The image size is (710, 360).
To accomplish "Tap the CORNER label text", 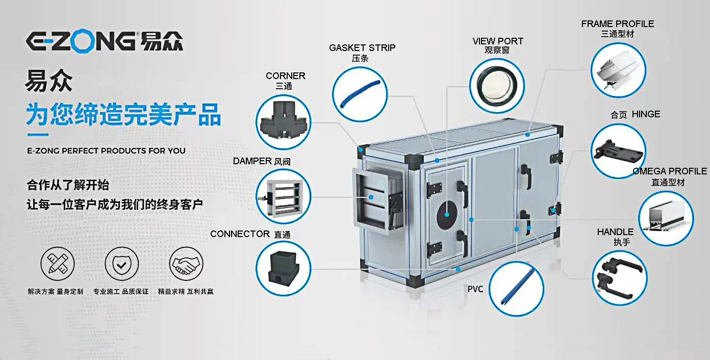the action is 285,76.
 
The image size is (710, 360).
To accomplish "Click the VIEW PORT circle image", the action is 497,85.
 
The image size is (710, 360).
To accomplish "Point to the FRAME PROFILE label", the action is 617,24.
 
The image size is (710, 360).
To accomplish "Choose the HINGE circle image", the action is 618,151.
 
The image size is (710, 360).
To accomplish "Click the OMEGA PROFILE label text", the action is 669,171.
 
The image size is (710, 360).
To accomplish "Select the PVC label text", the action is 475,289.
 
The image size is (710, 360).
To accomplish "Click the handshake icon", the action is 186,265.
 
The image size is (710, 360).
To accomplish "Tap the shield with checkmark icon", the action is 121,265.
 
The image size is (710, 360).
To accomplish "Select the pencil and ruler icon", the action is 57,265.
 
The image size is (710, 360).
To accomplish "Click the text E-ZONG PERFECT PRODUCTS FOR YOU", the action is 106,151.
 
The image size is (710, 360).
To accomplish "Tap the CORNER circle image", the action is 284,122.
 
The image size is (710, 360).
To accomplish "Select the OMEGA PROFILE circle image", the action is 666,218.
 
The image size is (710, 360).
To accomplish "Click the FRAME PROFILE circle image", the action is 618,70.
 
